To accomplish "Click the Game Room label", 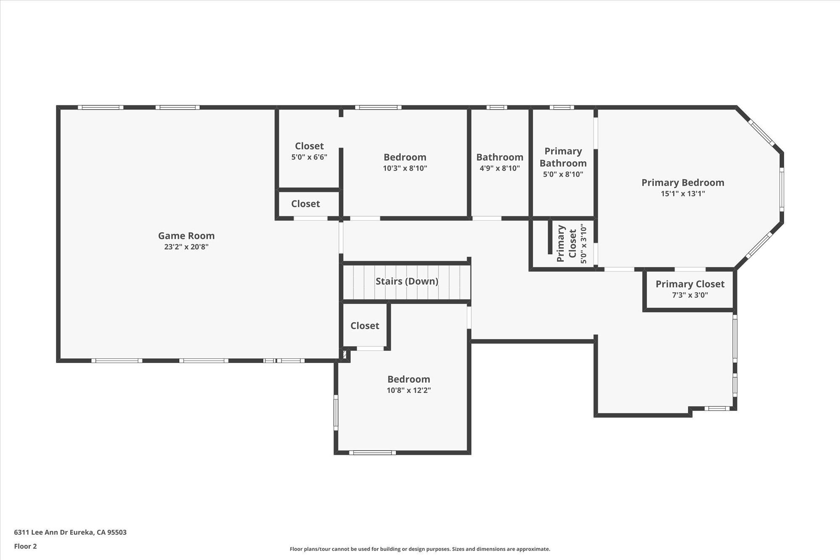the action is click(186, 236).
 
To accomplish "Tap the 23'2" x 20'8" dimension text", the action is click(186, 247).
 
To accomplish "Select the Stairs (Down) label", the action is click(407, 281).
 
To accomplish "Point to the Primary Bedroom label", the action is click(682, 183).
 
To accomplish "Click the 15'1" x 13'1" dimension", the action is click(682, 194).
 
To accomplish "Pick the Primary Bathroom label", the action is click(563, 157).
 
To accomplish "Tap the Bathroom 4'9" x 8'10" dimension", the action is click(499, 168).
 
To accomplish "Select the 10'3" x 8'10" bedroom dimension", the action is click(405, 168).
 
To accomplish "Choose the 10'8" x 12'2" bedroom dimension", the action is click(409, 390).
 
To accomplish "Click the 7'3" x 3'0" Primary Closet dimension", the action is click(690, 295).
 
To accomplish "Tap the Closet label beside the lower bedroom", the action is click(365, 326).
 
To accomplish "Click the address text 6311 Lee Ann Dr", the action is click(41, 532).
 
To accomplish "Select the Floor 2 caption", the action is click(25, 546).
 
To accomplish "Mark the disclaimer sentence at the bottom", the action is click(420, 549).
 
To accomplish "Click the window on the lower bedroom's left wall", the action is click(336, 412).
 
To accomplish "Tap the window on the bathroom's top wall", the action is click(496, 107).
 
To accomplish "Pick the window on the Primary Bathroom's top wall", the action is click(562, 107).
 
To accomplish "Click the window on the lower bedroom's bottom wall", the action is click(372, 452).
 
